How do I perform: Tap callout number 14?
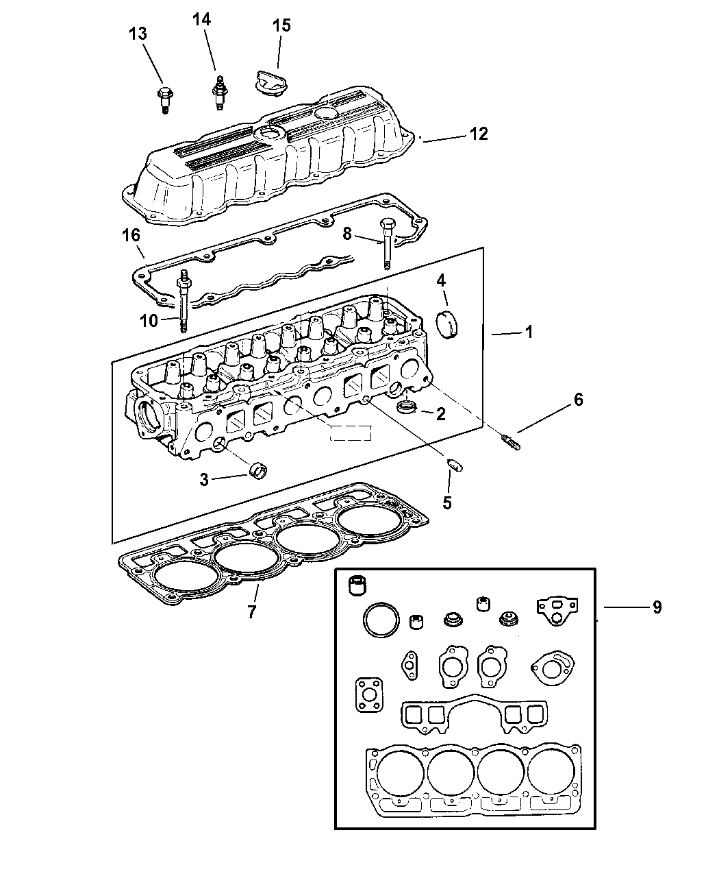[x=201, y=20]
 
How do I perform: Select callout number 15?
[x=281, y=26]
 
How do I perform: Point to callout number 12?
[x=479, y=134]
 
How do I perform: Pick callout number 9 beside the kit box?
[x=656, y=607]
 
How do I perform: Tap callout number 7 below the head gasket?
[x=251, y=611]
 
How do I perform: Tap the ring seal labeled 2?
[x=408, y=409]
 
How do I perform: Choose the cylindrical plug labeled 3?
[x=258, y=472]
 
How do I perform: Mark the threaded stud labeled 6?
[x=510, y=443]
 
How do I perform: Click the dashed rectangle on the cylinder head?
[x=349, y=433]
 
